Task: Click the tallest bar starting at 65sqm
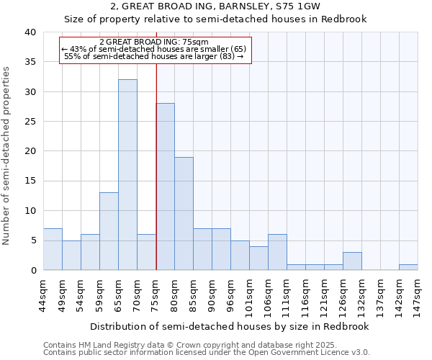127,175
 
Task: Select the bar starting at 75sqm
165,186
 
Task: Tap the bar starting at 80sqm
184,213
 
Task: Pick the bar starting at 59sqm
109,231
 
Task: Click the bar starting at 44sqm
53,249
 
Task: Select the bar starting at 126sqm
352,261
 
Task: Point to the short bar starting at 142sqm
408,267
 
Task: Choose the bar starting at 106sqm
277,252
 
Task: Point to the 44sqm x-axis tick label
44,293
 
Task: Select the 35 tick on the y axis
30,62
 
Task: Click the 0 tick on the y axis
33,270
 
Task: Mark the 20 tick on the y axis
30,151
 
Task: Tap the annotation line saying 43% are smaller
155,49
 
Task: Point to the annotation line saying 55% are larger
155,56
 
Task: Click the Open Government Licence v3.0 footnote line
206,353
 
